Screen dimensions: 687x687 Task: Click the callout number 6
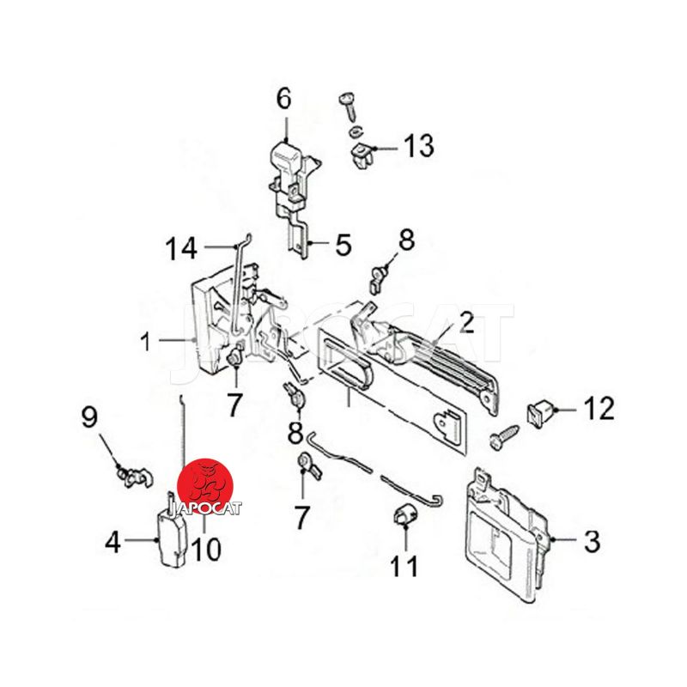click(x=284, y=99)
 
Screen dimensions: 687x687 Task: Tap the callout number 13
click(x=418, y=145)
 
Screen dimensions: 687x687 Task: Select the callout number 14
click(x=181, y=248)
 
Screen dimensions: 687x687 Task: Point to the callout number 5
click(x=343, y=245)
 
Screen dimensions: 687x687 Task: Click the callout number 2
click(x=466, y=323)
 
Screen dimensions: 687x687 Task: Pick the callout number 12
click(x=599, y=409)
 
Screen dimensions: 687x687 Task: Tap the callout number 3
click(x=592, y=541)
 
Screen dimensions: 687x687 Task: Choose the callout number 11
click(x=404, y=566)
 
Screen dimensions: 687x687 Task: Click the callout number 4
click(x=112, y=544)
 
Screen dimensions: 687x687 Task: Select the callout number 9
click(x=89, y=417)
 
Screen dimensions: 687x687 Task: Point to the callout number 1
click(x=146, y=342)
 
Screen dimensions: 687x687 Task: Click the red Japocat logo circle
click(x=205, y=487)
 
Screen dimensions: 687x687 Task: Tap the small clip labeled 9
click(x=134, y=478)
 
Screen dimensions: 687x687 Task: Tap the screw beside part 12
click(x=504, y=437)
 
